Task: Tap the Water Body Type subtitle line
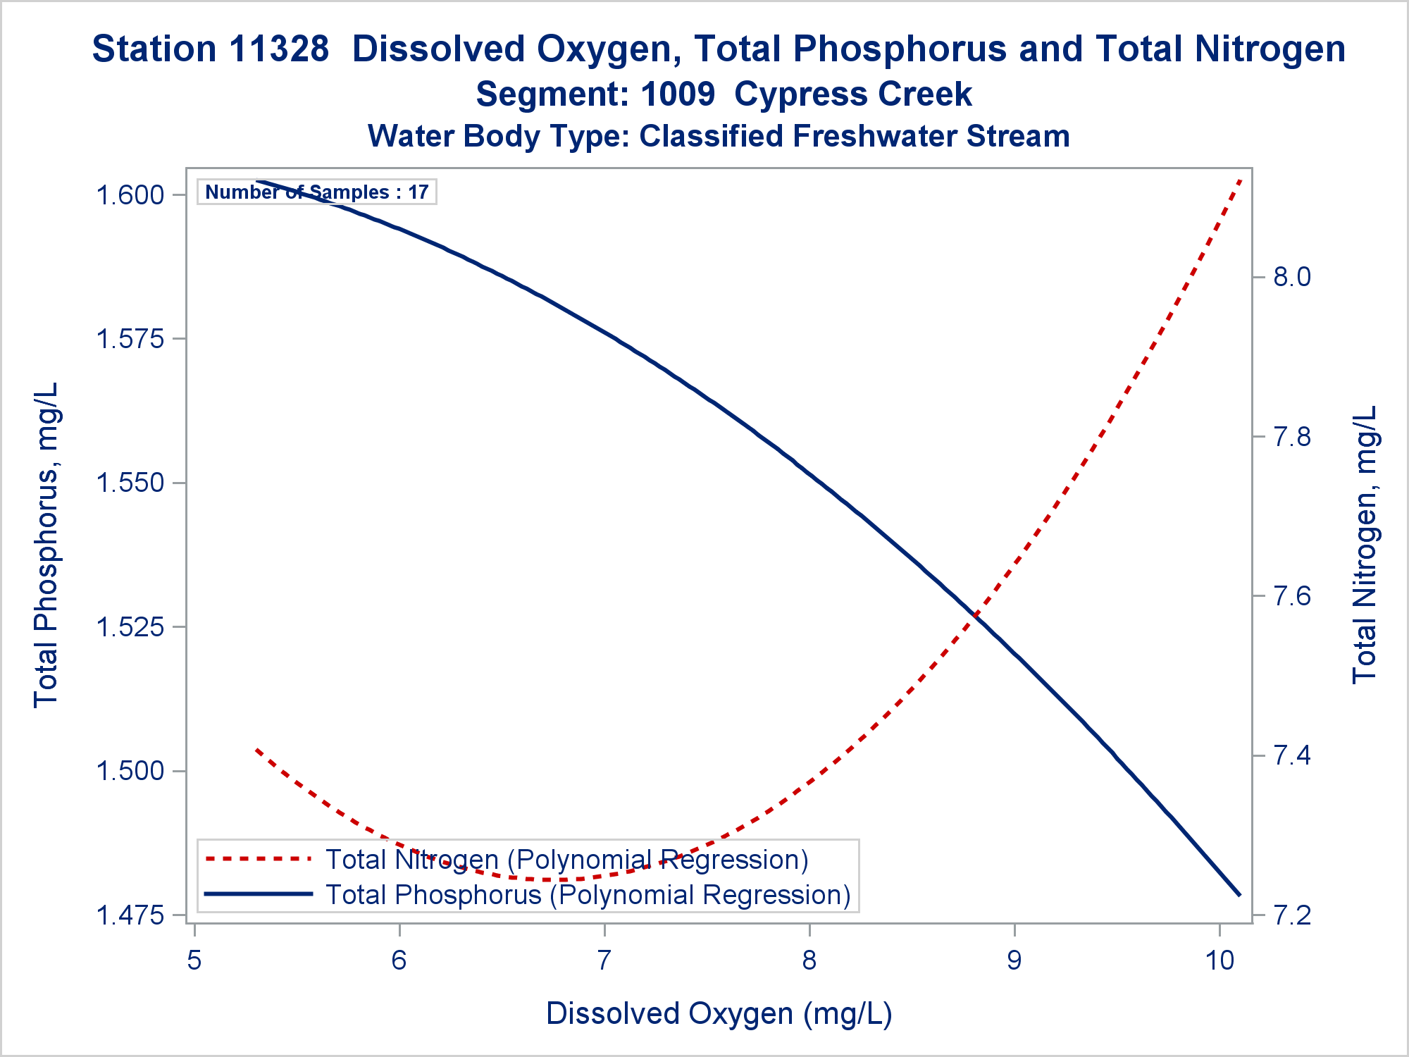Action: (719, 136)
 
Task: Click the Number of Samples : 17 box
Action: (317, 192)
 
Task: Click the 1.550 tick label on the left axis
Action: (130, 483)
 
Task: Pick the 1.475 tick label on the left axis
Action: (130, 915)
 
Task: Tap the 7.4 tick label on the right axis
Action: (1292, 756)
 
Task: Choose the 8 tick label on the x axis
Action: (809, 960)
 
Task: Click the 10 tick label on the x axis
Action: (1219, 960)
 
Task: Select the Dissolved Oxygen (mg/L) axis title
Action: (719, 1014)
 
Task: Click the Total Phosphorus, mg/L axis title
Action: (46, 545)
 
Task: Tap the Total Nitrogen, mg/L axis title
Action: (1365, 545)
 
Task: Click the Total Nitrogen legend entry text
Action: (566, 860)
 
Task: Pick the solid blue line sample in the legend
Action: (258, 894)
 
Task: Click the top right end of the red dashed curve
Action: (1241, 180)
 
